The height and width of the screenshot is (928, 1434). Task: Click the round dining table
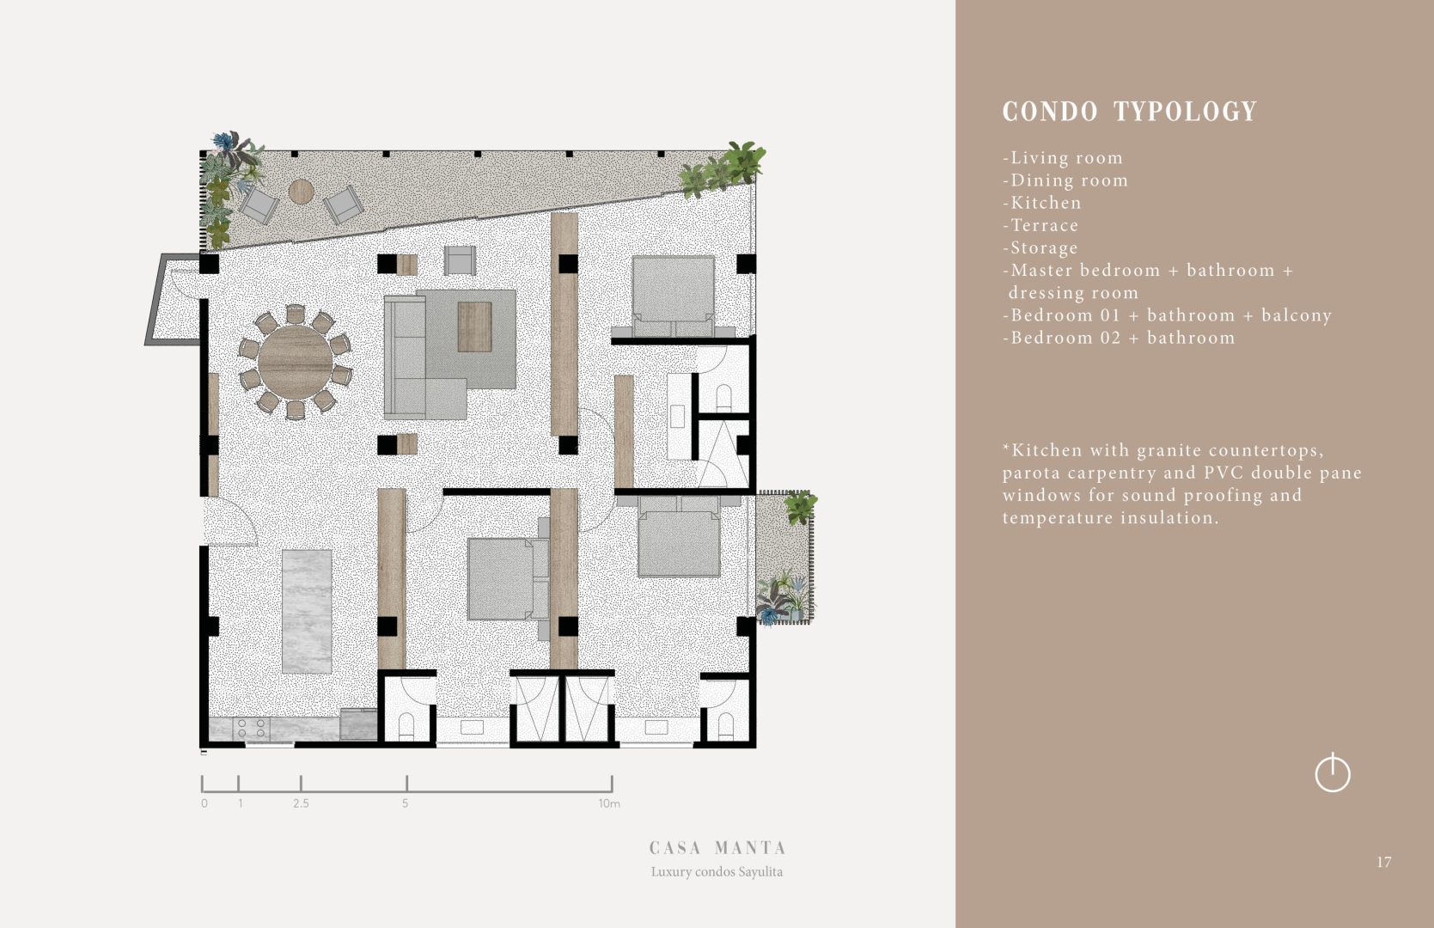tap(295, 363)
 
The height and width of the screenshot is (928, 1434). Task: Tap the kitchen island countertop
tap(307, 612)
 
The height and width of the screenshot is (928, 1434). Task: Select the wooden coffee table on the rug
tap(474, 327)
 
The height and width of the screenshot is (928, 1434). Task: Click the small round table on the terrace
tap(301, 192)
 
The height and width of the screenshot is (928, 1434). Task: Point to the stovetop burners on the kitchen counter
tap(252, 728)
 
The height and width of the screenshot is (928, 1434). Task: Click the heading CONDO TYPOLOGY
tap(1130, 112)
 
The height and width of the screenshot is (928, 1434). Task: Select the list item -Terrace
tap(1040, 225)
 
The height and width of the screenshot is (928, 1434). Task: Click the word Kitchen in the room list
tap(1046, 203)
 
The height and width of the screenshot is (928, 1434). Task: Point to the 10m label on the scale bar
tap(609, 803)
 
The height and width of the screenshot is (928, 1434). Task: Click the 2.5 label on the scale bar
tap(301, 803)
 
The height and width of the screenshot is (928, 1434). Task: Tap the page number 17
tap(1383, 862)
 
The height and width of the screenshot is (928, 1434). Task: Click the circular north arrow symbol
tap(1333, 773)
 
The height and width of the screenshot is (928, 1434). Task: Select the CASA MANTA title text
tap(717, 848)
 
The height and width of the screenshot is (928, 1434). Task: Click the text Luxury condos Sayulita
tap(717, 871)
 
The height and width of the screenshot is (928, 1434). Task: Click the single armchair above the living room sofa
tap(461, 260)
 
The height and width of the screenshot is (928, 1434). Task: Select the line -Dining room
tap(1065, 180)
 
